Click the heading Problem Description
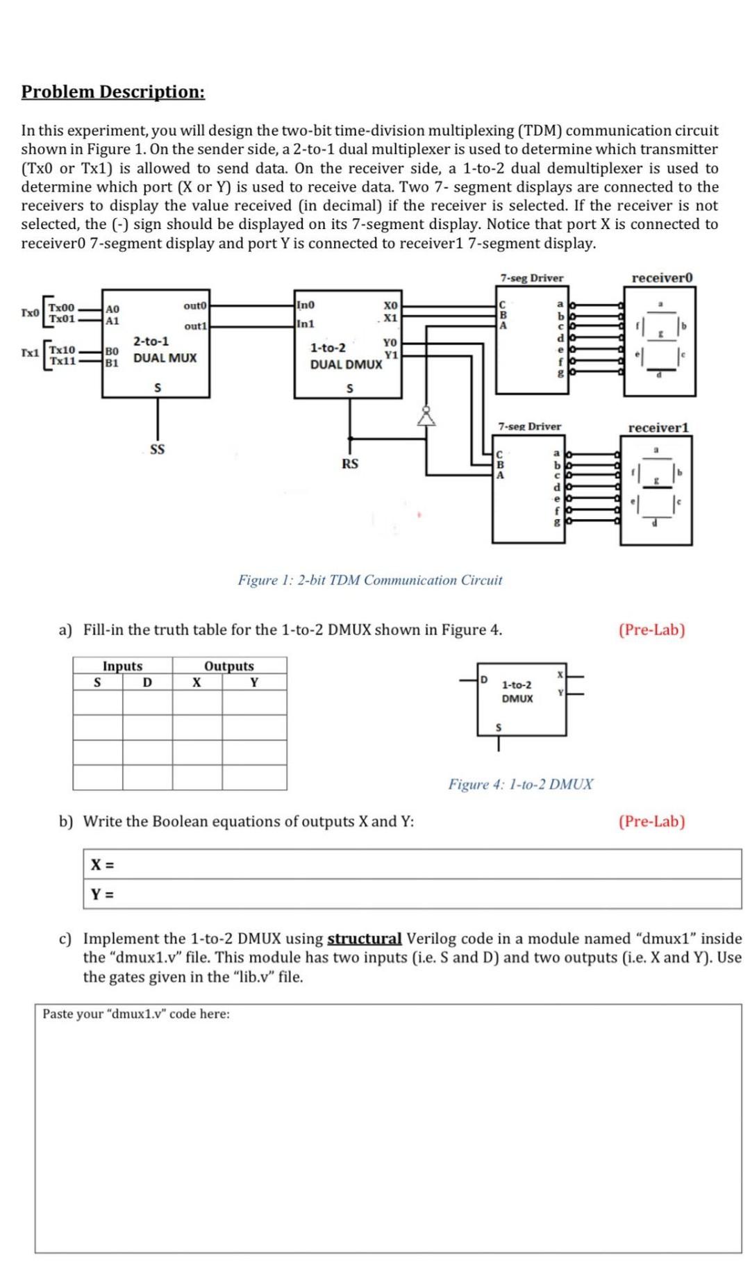click(x=113, y=92)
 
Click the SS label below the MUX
click(x=158, y=449)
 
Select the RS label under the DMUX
click(x=350, y=463)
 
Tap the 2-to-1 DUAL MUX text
click(x=165, y=350)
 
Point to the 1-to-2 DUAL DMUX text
click(x=345, y=355)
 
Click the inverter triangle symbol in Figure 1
click(x=426, y=417)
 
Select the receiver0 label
click(x=662, y=278)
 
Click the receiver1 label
click(x=658, y=428)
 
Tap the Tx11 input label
click(x=62, y=360)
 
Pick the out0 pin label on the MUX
click(x=195, y=305)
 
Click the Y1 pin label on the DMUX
click(x=391, y=355)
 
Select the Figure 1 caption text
click(x=369, y=580)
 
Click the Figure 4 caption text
click(x=520, y=784)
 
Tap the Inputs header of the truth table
click(x=122, y=666)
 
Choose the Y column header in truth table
click(x=254, y=682)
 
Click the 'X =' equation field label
click(x=103, y=864)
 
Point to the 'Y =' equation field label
click(x=103, y=894)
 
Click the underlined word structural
click(x=364, y=939)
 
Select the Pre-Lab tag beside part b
click(x=651, y=821)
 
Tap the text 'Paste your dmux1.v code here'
click(x=136, y=1014)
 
